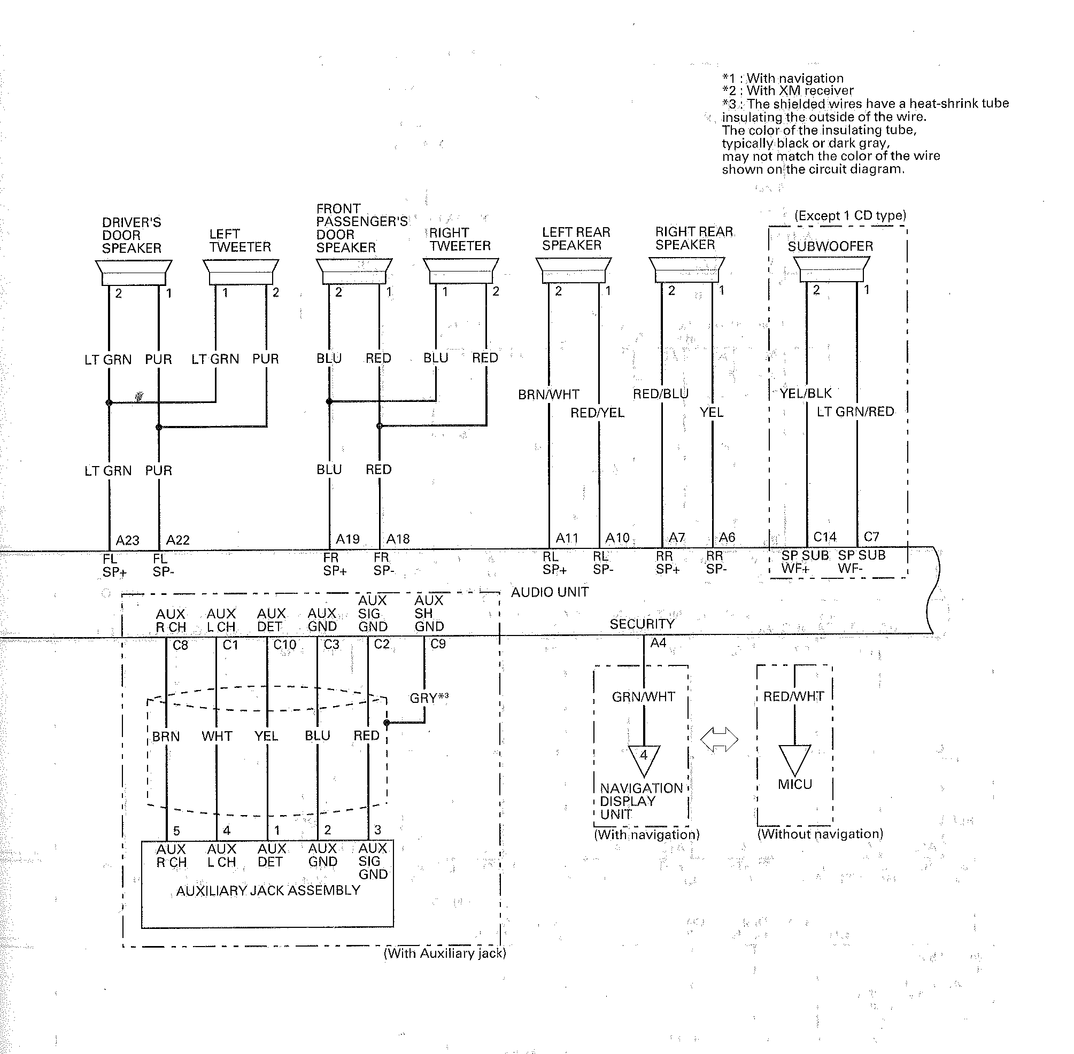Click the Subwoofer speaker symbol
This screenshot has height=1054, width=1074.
[830, 269]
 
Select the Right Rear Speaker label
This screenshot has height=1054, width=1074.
[694, 238]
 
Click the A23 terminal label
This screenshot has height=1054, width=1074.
[127, 540]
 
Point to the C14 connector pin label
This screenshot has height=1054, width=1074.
[825, 537]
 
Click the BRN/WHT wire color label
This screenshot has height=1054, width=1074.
[548, 394]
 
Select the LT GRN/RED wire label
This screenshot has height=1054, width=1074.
[855, 412]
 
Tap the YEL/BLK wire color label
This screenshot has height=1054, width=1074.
[806, 393]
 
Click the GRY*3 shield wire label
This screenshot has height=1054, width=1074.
[429, 697]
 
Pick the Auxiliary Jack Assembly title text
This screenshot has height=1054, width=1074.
[268, 890]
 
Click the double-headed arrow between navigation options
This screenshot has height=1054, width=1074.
[719, 740]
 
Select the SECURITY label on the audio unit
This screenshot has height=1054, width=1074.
[642, 624]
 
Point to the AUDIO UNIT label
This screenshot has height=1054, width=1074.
[550, 592]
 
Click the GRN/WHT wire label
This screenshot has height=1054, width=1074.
[643, 697]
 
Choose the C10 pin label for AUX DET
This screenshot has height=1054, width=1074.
[284, 645]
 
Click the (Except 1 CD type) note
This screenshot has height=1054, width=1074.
[851, 215]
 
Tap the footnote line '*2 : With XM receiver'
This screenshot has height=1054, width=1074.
[788, 90]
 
